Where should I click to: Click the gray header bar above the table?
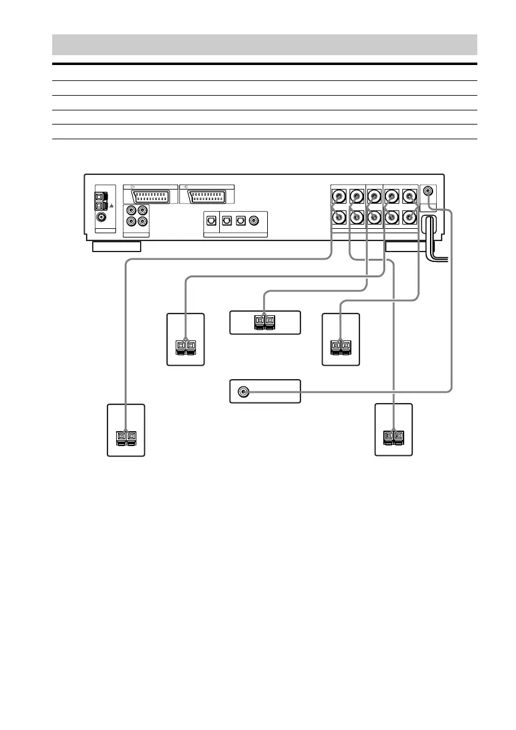tap(264, 45)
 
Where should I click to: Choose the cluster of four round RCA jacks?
tap(136, 215)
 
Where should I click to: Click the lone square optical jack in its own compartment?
tap(212, 221)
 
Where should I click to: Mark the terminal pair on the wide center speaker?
tap(265, 321)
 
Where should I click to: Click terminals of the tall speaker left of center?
tap(185, 346)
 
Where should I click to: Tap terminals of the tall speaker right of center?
tap(340, 346)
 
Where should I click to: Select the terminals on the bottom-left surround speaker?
tap(126, 437)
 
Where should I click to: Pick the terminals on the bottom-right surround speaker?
tap(394, 437)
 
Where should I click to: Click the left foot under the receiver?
tap(117, 247)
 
